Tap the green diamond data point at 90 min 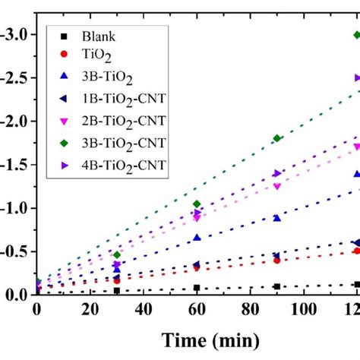coord(277,138)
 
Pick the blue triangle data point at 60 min coord(197,238)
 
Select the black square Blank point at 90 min coord(277,286)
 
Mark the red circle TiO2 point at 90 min coord(277,260)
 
